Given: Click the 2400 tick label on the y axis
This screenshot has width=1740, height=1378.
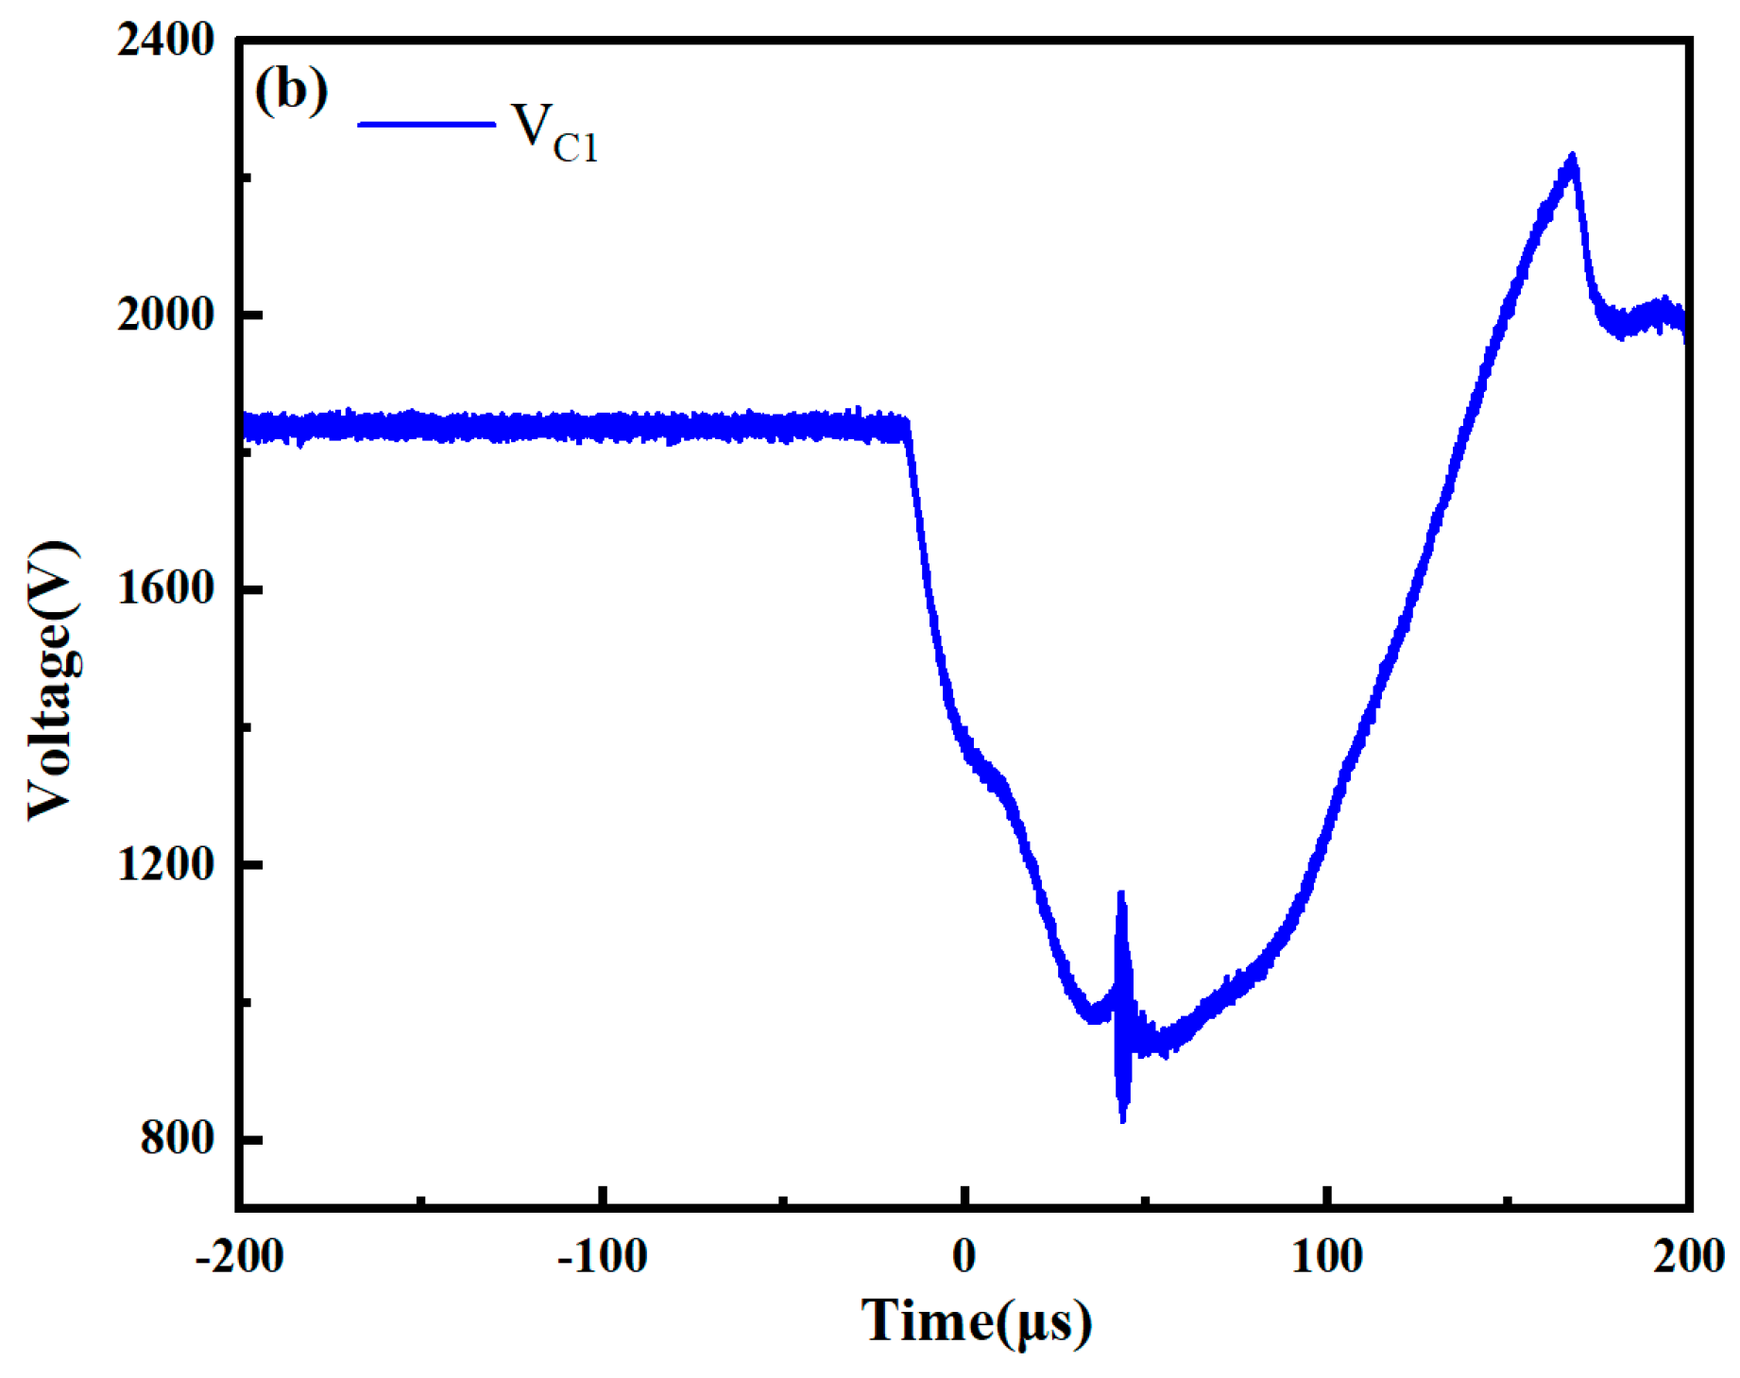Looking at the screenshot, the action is pyautogui.click(x=166, y=41).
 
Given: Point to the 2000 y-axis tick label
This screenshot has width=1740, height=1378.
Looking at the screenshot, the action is pyautogui.click(x=166, y=315).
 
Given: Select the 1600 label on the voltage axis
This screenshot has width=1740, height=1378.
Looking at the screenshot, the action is pyautogui.click(x=166, y=589).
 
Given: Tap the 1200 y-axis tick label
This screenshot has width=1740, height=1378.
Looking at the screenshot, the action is pyautogui.click(x=166, y=863).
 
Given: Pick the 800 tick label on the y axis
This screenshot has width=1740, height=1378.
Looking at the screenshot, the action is pyautogui.click(x=179, y=1138).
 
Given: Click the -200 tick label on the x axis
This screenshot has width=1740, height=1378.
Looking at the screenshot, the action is pyautogui.click(x=239, y=1257).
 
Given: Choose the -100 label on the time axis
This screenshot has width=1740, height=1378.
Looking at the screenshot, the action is pyautogui.click(x=602, y=1257).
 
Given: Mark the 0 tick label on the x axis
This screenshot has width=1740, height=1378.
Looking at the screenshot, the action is pyautogui.click(x=964, y=1257).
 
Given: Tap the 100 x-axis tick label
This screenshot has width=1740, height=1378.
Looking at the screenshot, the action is pyautogui.click(x=1327, y=1257).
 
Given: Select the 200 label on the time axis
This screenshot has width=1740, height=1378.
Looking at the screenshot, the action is pyautogui.click(x=1689, y=1257).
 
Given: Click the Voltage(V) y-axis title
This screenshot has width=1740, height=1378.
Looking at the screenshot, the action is pyautogui.click(x=53, y=681).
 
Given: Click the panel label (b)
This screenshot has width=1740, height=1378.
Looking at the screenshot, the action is pyautogui.click(x=291, y=92).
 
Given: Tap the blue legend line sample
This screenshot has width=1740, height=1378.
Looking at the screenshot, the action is pyautogui.click(x=427, y=124).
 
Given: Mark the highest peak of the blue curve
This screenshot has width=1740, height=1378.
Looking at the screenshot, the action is pyautogui.click(x=1573, y=156).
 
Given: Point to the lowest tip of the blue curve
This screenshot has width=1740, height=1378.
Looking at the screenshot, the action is pyautogui.click(x=1123, y=1121).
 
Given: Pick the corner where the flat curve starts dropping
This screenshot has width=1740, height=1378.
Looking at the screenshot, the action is pyautogui.click(x=907, y=427).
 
